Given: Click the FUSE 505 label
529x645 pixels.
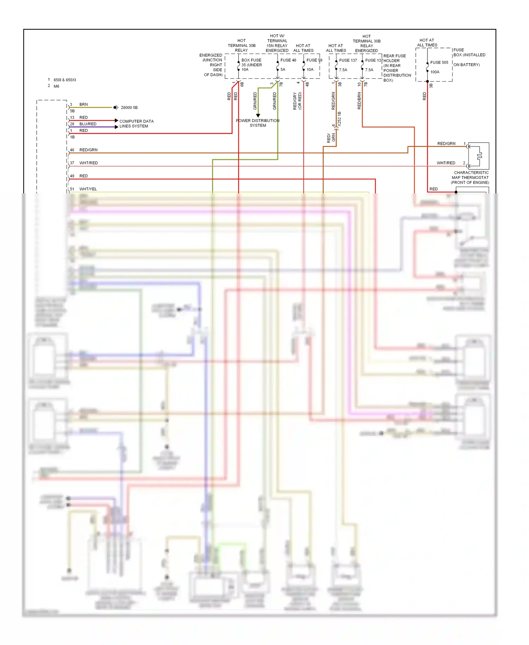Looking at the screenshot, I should [x=439, y=62].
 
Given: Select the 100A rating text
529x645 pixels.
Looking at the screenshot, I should [x=435, y=72].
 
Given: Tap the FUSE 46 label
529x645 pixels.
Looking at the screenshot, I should [x=288, y=60].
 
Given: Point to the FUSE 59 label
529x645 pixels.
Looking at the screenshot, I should [x=314, y=60].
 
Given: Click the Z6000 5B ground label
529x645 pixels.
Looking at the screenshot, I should [x=129, y=108].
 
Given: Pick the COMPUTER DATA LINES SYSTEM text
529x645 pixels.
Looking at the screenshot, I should [x=136, y=124].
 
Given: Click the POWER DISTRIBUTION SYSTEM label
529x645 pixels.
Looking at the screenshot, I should [x=258, y=123].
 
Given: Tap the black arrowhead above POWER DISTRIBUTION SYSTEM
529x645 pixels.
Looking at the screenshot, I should [x=258, y=115].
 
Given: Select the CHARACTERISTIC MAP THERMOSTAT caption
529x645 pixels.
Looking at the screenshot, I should [x=470, y=177].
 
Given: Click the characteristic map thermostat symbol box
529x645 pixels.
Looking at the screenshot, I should [x=479, y=156].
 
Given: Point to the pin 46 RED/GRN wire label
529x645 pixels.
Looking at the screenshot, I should [x=88, y=150].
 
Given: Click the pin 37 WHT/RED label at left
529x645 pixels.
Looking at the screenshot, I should [x=89, y=163].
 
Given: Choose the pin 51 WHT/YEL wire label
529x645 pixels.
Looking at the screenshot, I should [x=88, y=189].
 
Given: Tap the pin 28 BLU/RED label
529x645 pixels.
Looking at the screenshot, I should [x=88, y=124].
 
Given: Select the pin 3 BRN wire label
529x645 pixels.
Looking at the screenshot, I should [x=84, y=104].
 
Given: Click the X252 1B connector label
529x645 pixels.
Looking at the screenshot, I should [x=340, y=119].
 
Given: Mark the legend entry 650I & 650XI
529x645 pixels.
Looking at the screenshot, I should [x=65, y=80].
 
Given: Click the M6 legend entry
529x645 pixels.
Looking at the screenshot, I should [x=56, y=86].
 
